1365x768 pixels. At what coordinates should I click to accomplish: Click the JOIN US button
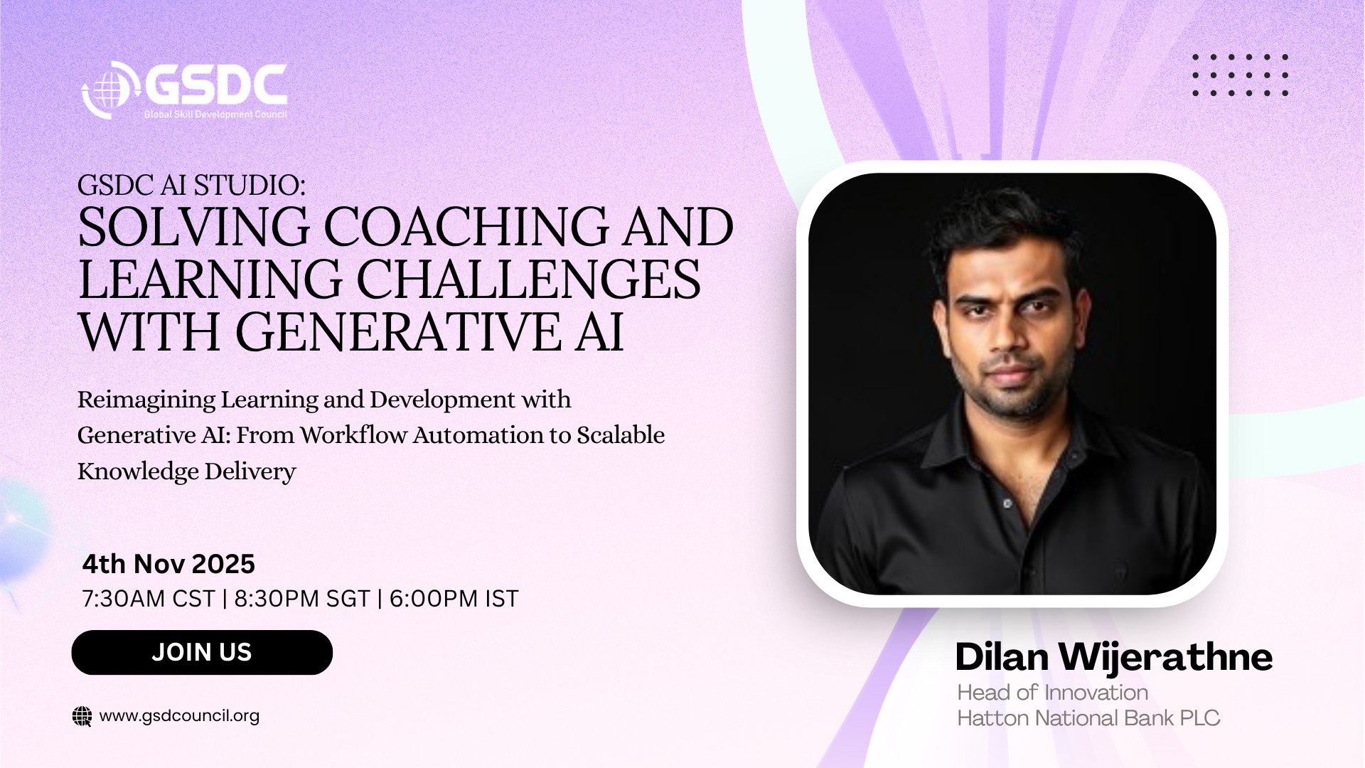(x=202, y=652)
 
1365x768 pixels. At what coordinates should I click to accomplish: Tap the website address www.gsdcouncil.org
(x=179, y=716)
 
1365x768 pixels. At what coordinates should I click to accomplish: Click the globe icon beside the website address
(x=82, y=716)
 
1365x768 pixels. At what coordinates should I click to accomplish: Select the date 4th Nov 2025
(x=168, y=564)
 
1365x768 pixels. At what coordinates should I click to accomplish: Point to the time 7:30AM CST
(x=149, y=599)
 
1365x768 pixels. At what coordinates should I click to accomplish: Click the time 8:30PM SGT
(x=302, y=599)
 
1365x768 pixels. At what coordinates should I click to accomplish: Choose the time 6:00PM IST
(x=454, y=599)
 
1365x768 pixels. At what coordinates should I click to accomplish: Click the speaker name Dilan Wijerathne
(x=1113, y=658)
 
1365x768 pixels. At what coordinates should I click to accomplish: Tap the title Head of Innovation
(x=1052, y=692)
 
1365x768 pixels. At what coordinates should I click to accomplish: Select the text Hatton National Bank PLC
(x=1088, y=718)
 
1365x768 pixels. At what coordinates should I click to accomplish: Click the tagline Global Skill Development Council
(x=215, y=114)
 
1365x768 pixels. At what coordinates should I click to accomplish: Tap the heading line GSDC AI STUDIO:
(x=191, y=185)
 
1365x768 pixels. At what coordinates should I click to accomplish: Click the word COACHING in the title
(x=466, y=227)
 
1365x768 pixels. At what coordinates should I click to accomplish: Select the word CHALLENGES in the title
(x=528, y=279)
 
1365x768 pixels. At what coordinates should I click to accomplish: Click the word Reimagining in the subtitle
(x=146, y=400)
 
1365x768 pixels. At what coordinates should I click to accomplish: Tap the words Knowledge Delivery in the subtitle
(x=186, y=471)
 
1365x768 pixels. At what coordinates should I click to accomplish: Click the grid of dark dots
(x=1240, y=75)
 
